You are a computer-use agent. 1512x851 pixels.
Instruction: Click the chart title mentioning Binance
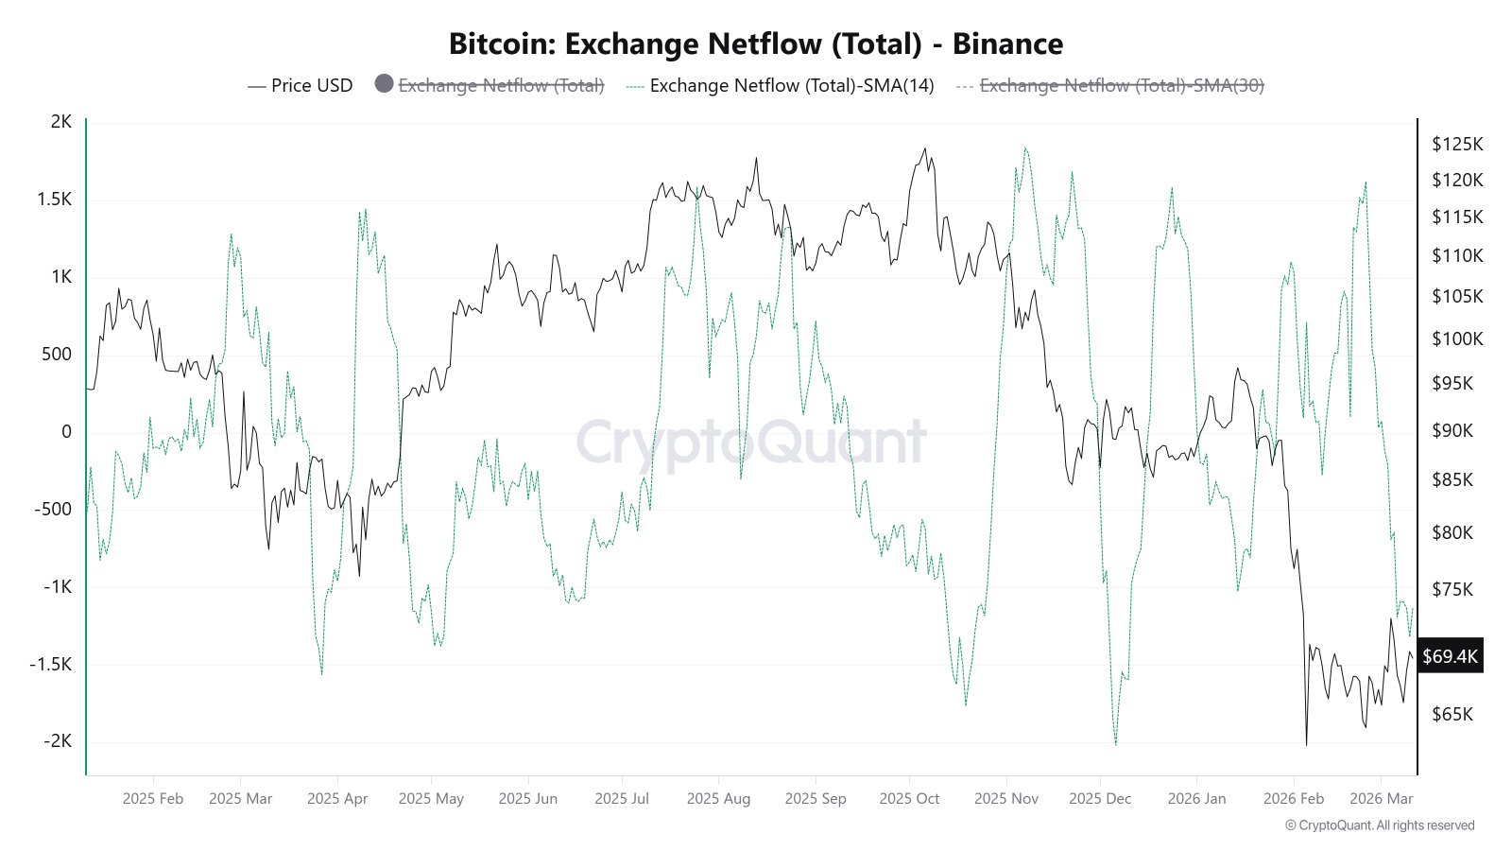click(x=755, y=43)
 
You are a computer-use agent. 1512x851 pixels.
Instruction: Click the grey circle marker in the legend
click(x=384, y=84)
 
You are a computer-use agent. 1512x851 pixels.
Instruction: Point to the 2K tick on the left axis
click(x=61, y=121)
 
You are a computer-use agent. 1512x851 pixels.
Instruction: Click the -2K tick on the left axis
click(x=58, y=741)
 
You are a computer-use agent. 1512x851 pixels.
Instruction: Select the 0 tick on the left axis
click(x=66, y=431)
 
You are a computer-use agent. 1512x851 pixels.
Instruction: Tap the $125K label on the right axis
click(x=1457, y=144)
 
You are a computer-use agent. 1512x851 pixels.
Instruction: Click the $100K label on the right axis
click(x=1457, y=339)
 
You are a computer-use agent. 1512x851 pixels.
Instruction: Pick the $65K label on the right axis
click(x=1452, y=714)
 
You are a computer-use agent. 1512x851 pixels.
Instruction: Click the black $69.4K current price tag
click(x=1450, y=655)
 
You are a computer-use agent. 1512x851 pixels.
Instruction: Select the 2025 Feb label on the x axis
click(x=153, y=798)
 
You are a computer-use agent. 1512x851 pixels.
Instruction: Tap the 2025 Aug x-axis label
click(x=718, y=798)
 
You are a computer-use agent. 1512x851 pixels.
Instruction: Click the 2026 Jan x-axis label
click(x=1196, y=798)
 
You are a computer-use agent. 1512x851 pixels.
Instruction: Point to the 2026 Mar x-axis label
click(x=1382, y=798)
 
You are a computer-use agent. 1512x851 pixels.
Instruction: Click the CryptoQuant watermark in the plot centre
click(x=751, y=443)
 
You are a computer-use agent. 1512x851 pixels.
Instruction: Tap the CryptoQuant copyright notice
click(x=1380, y=825)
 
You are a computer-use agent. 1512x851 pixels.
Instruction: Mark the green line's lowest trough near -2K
click(x=1116, y=745)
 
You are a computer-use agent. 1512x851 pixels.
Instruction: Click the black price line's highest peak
click(x=925, y=148)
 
